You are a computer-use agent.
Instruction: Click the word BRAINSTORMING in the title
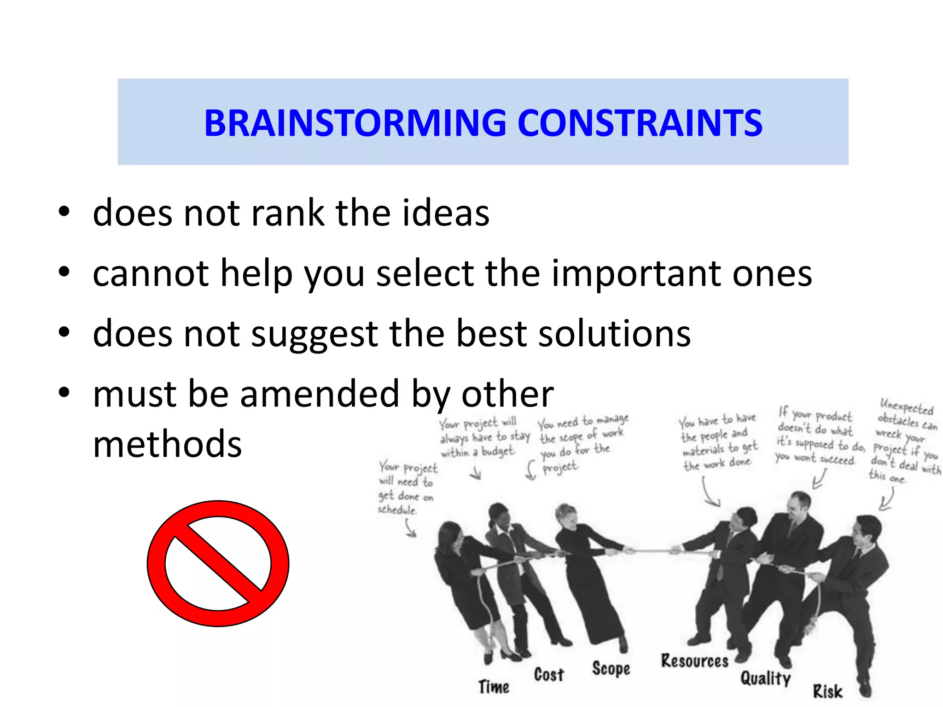click(x=355, y=123)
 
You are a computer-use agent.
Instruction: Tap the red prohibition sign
click(x=218, y=563)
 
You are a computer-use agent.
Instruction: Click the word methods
click(x=167, y=444)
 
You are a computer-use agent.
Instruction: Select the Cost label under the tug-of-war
click(x=549, y=675)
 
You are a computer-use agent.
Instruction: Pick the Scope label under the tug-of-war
click(x=611, y=669)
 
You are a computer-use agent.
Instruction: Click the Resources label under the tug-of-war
click(x=694, y=661)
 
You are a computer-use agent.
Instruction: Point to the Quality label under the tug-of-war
click(x=765, y=678)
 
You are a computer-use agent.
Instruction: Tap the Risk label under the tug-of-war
click(x=827, y=691)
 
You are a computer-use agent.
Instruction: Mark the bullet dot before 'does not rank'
click(x=64, y=212)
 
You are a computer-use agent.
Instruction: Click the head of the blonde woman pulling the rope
click(x=567, y=516)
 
